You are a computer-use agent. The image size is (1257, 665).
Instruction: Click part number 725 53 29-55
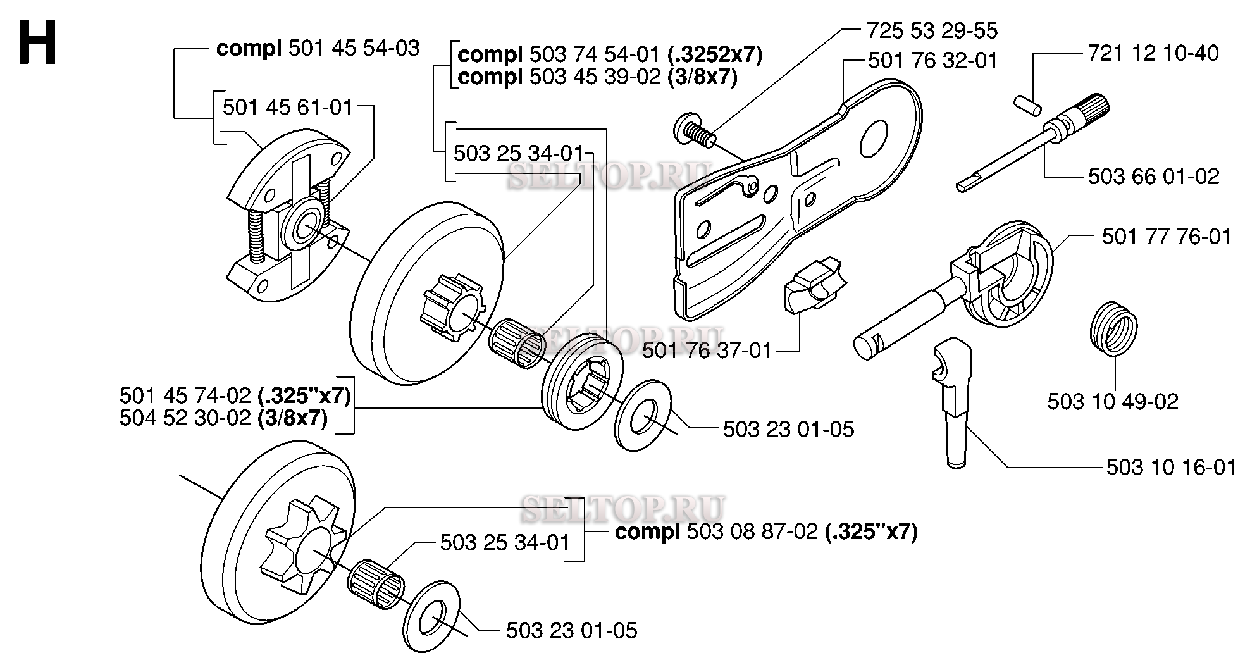(x=931, y=30)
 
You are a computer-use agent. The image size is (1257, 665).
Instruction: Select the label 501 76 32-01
(x=932, y=61)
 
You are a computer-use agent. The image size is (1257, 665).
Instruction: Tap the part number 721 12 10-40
(x=1153, y=53)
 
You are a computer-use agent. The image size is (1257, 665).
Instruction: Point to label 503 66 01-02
(x=1153, y=176)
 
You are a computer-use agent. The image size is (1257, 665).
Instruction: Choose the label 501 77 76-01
(x=1167, y=237)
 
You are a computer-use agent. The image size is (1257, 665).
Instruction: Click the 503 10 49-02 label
(x=1113, y=402)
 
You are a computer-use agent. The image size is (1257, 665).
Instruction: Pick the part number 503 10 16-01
(x=1171, y=467)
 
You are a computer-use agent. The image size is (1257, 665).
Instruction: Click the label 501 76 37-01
(x=707, y=350)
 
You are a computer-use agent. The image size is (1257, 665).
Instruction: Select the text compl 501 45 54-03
(x=318, y=48)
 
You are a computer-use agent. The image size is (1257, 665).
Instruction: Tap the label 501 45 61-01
(x=287, y=107)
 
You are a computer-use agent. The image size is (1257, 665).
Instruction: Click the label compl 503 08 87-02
(x=765, y=531)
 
